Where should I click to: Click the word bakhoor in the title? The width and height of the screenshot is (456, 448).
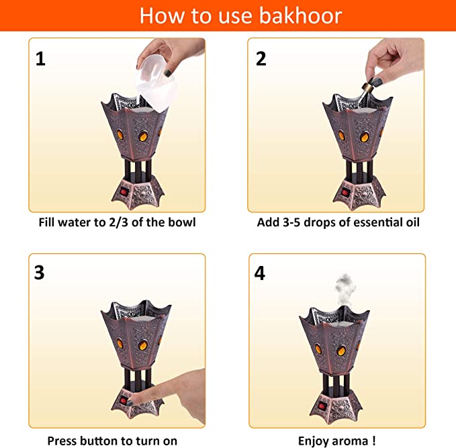[300, 15]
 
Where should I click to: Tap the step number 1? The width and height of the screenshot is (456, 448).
[40, 59]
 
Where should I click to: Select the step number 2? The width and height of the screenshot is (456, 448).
[261, 58]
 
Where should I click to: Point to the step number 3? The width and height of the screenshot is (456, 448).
[39, 273]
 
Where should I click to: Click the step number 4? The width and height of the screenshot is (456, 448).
[260, 273]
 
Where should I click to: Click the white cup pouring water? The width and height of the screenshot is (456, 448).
[156, 83]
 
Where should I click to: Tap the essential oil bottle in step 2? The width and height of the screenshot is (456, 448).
[364, 93]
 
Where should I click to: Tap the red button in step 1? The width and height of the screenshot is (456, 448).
[124, 191]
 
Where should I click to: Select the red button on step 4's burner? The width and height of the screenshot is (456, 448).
[322, 405]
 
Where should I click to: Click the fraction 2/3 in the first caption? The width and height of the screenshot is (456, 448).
[119, 222]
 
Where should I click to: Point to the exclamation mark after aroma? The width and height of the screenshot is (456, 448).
[373, 441]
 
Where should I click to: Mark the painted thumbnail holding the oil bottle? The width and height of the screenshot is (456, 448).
[377, 82]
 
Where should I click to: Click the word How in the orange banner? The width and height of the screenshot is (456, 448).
[162, 15]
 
